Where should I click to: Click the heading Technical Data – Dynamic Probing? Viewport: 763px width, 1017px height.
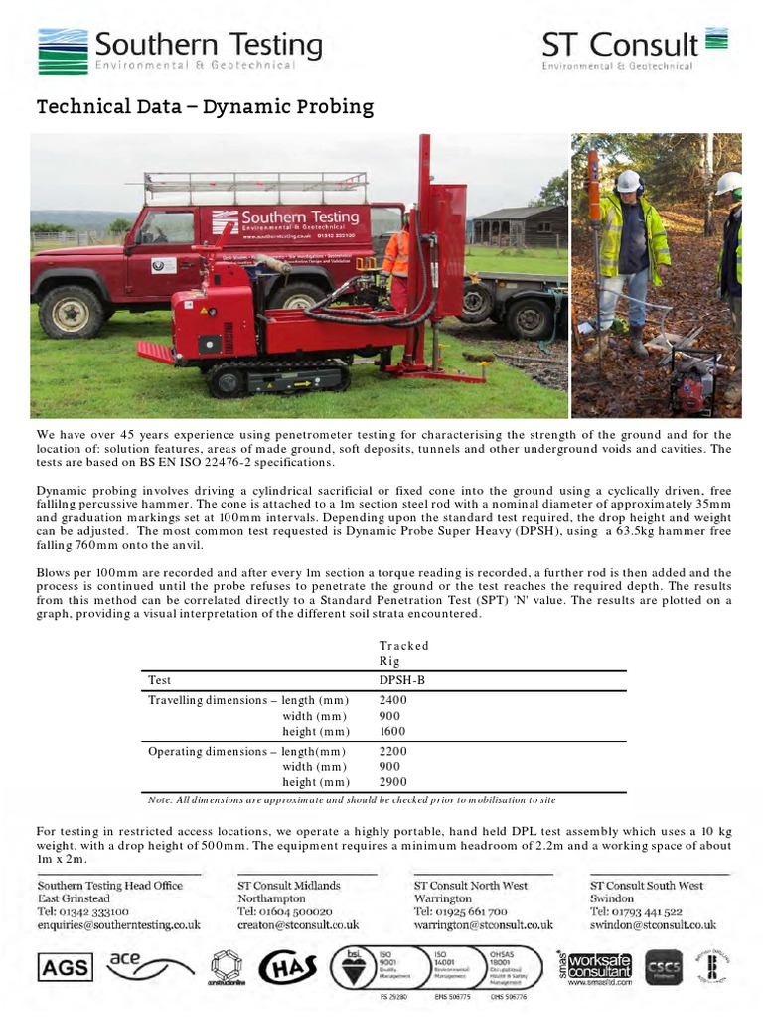pyautogui.click(x=205, y=106)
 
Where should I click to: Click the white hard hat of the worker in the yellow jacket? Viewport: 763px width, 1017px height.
pyautogui.click(x=628, y=181)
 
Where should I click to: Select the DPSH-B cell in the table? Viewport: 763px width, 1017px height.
pyautogui.click(x=402, y=681)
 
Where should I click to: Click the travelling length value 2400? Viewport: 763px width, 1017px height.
pyautogui.click(x=394, y=700)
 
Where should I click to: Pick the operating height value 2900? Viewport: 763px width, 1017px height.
pyautogui.click(x=394, y=783)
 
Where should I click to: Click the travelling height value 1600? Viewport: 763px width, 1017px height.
pyautogui.click(x=394, y=732)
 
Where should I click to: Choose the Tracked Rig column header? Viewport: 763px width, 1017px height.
pyautogui.click(x=403, y=654)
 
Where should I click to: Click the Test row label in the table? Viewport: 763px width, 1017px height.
pyautogui.click(x=159, y=681)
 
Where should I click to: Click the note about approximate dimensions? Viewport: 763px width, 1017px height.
pyautogui.click(x=351, y=800)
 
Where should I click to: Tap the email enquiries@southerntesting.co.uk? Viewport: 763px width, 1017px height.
pyautogui.click(x=118, y=925)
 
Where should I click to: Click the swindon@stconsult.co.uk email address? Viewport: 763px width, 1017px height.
pyautogui.click(x=653, y=925)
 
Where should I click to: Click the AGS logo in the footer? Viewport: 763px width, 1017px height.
pyautogui.click(x=65, y=966)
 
